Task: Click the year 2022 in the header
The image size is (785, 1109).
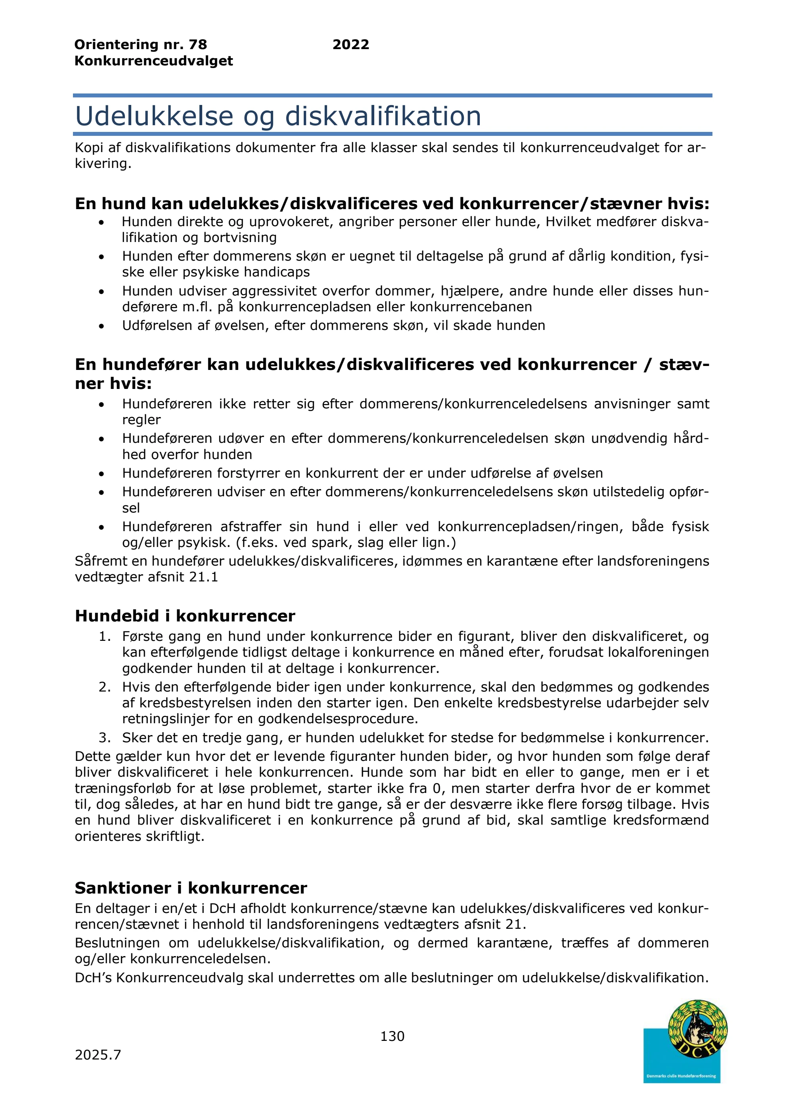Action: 350,44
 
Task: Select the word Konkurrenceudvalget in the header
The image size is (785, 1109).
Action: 154,61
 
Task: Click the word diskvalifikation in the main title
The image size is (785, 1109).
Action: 383,116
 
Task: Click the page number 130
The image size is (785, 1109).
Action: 392,1036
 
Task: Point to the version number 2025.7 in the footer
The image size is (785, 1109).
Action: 98,1055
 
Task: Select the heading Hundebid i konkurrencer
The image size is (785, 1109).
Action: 185,616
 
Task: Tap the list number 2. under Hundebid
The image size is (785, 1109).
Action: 104,687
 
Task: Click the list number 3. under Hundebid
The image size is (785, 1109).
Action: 104,737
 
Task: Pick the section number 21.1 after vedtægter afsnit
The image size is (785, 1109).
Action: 203,577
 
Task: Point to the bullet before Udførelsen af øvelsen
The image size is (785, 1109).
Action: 101,326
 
